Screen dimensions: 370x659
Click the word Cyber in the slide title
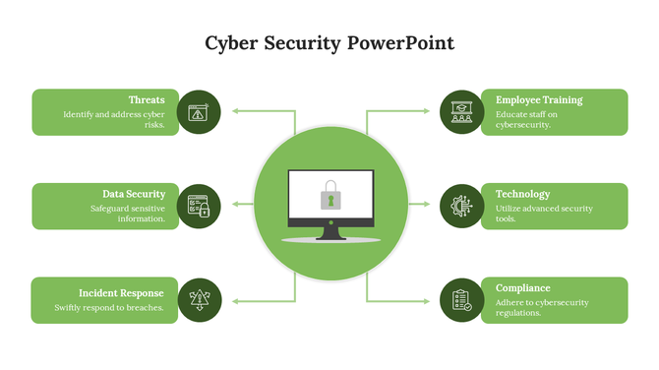pyautogui.click(x=228, y=44)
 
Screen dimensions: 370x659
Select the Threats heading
pyautogui.click(x=147, y=100)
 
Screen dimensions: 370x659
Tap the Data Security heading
pyautogui.click(x=134, y=194)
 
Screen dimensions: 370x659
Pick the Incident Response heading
pyautogui.click(x=122, y=293)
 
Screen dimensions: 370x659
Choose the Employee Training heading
pyautogui.click(x=539, y=100)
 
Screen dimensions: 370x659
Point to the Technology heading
pyautogui.click(x=523, y=194)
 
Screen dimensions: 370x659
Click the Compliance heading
pyautogui.click(x=523, y=287)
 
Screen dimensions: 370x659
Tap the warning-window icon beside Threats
pyautogui.click(x=199, y=112)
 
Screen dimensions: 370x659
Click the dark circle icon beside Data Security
pyautogui.click(x=199, y=206)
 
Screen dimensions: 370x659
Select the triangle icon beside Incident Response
pyautogui.click(x=199, y=300)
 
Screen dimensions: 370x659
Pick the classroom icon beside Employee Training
pyautogui.click(x=461, y=112)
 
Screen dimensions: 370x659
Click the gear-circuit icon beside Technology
pyautogui.click(x=461, y=206)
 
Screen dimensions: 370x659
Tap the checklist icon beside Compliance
pyautogui.click(x=461, y=300)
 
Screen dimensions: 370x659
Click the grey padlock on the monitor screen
pyautogui.click(x=330, y=195)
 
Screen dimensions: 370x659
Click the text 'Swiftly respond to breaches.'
pyautogui.click(x=109, y=308)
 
